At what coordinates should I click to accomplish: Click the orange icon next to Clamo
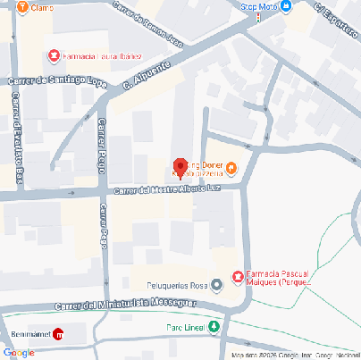(x=21, y=6)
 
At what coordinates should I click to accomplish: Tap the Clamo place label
(x=41, y=7)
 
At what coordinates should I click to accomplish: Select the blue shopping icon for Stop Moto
(x=286, y=6)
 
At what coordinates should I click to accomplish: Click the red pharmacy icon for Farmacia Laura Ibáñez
(x=54, y=56)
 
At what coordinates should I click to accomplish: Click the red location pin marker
(x=179, y=166)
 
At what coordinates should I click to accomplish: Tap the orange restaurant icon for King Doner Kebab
(x=231, y=167)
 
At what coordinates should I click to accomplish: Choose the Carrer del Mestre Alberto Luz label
(x=165, y=188)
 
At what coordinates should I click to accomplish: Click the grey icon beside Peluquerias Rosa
(x=216, y=286)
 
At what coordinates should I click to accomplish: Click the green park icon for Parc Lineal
(x=214, y=327)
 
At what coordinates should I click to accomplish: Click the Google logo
(x=18, y=352)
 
